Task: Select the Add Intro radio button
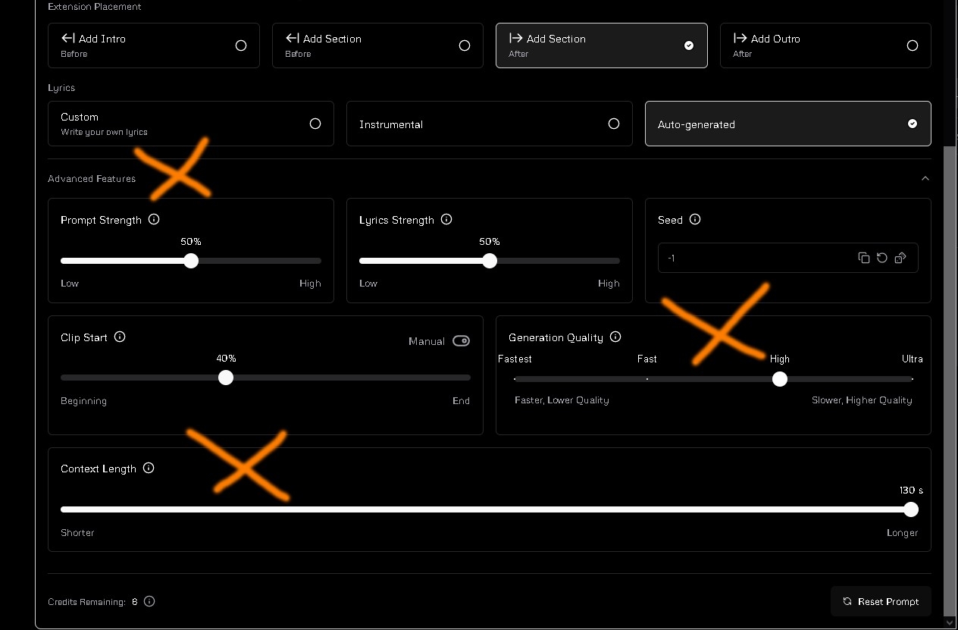point(241,45)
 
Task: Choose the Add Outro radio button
point(913,45)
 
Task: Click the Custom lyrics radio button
point(315,124)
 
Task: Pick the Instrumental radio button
point(614,124)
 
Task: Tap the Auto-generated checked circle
point(913,124)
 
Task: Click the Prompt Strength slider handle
point(191,261)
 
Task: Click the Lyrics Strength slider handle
point(490,261)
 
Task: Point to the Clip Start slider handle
point(226,378)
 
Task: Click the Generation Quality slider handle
point(780,379)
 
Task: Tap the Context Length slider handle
point(911,509)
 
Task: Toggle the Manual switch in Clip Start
point(461,341)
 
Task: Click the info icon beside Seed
point(695,219)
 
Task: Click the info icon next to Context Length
point(149,468)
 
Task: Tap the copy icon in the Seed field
point(863,258)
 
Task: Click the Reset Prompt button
point(881,601)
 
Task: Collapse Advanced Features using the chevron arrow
point(925,178)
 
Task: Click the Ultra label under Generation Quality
point(913,359)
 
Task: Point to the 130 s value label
point(911,491)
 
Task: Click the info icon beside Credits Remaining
point(149,601)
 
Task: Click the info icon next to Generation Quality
point(615,337)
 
